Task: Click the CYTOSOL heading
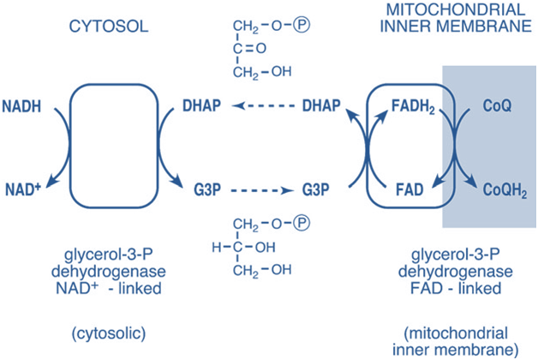[107, 27]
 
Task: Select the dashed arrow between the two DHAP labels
[263, 107]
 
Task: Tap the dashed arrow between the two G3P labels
[263, 185]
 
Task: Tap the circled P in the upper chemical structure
[300, 15]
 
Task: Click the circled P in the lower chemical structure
[300, 225]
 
